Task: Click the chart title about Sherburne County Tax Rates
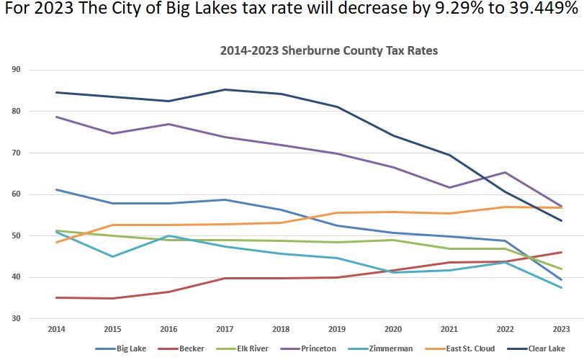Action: (328, 51)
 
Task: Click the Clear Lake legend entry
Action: (545, 348)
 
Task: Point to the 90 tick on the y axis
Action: (16, 70)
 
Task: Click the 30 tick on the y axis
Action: (16, 318)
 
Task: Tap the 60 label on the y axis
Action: (16, 194)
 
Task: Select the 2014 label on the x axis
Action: (56, 329)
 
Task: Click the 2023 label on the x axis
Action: (561, 329)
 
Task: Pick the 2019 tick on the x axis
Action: (336, 329)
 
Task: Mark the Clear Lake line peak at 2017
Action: (225, 89)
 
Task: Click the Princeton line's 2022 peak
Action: (505, 172)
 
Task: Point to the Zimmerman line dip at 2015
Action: (112, 256)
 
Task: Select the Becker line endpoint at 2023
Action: (561, 252)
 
